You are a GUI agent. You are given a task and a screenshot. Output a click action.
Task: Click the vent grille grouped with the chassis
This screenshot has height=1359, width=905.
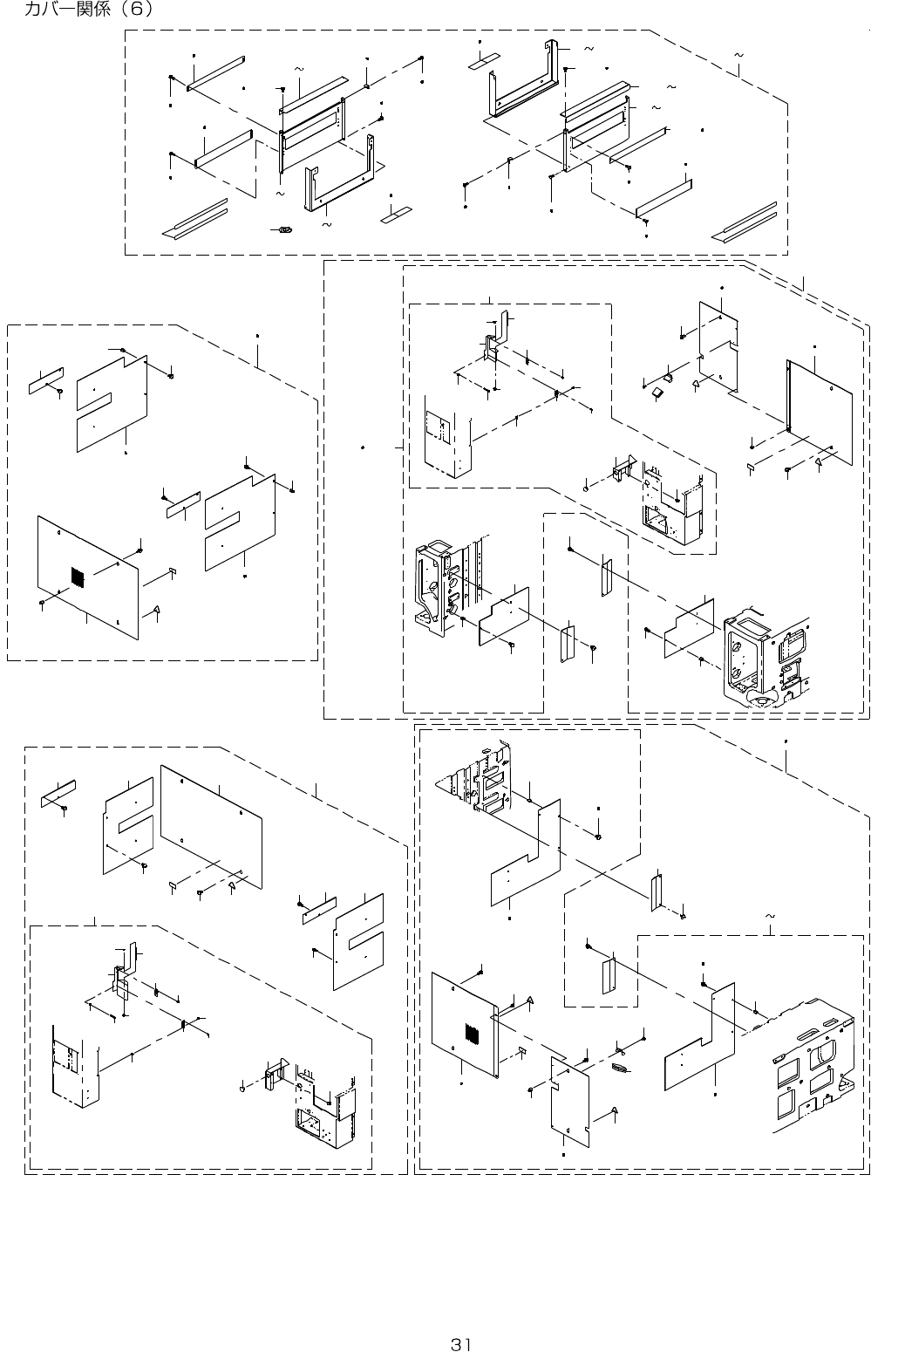click(x=472, y=1034)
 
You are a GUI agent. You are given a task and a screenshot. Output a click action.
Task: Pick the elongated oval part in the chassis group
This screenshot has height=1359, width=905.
click(x=621, y=1069)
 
